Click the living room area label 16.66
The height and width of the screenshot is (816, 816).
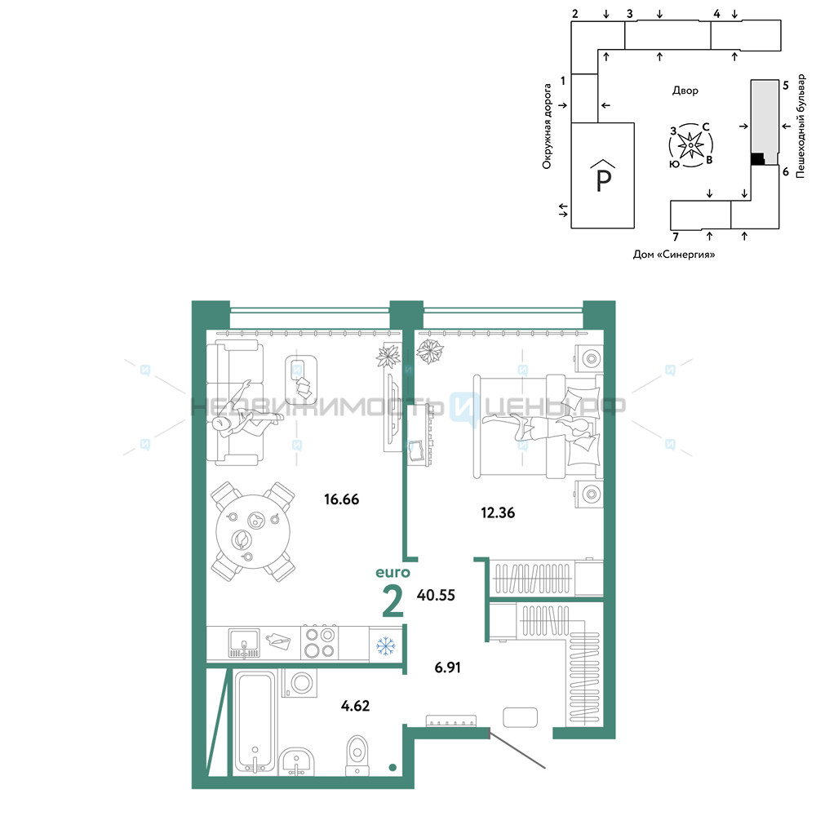341,499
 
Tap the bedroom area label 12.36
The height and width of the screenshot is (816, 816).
498,513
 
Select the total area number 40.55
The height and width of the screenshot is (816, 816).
436,596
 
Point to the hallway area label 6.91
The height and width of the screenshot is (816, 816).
447,667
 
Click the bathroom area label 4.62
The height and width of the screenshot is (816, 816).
356,706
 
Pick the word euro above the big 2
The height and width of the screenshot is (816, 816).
393,573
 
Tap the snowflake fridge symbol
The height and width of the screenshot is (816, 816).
386,645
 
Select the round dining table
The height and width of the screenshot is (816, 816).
254,531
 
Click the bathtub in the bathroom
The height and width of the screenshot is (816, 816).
255,721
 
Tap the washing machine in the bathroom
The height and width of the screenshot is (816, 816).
300,683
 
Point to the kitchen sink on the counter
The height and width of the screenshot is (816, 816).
243,644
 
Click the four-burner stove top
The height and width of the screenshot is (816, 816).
320,643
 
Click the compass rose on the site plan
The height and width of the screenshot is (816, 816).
690,145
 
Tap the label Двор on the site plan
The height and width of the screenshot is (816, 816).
685,91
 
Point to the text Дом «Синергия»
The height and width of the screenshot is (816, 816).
674,255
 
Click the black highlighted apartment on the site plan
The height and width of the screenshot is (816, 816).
758,158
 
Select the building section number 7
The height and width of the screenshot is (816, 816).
676,237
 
